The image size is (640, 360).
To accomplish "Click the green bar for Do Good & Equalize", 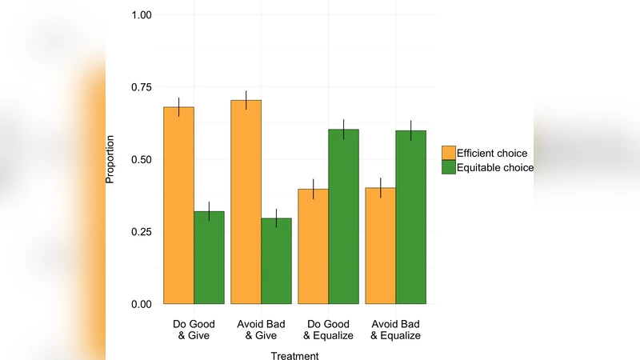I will tap(343, 217).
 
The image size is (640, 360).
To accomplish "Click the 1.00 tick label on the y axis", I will tap(141, 15).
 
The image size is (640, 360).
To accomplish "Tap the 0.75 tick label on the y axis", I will tap(141, 87).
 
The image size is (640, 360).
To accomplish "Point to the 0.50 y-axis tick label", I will tap(141, 159).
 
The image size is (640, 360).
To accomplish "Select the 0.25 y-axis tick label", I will tap(141, 232).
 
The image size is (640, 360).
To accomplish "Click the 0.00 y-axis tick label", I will tap(141, 304).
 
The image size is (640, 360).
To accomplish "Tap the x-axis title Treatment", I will tap(294, 355).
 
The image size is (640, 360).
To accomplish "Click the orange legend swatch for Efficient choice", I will tap(448, 153).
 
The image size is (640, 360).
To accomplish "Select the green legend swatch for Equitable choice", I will tap(448, 167).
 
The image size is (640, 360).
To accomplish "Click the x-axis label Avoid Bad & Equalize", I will tap(395, 330).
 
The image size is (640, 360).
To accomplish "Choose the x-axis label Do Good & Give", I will tap(193, 330).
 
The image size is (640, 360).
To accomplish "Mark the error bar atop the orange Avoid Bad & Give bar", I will tap(246, 100).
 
